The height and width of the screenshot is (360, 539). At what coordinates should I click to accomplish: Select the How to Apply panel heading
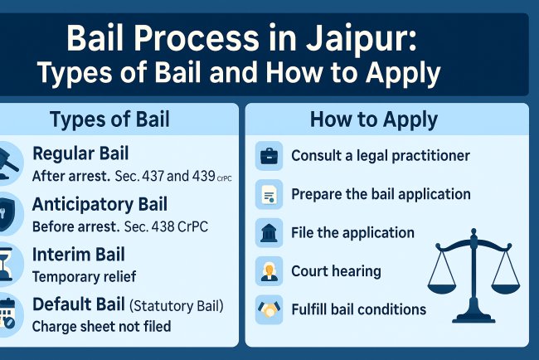click(x=373, y=119)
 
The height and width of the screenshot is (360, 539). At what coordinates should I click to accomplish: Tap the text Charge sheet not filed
click(x=101, y=326)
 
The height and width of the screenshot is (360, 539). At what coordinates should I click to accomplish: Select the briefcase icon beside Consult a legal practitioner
click(x=269, y=155)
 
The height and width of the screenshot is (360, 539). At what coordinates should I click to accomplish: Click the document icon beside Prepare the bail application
click(x=269, y=195)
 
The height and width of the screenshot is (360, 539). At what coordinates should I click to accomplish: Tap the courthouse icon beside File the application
click(x=269, y=233)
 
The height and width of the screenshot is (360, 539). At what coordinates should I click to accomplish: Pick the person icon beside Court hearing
click(x=269, y=271)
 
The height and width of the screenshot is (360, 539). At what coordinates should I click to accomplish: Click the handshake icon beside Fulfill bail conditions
click(x=269, y=309)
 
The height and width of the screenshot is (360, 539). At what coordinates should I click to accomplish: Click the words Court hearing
click(x=336, y=271)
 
